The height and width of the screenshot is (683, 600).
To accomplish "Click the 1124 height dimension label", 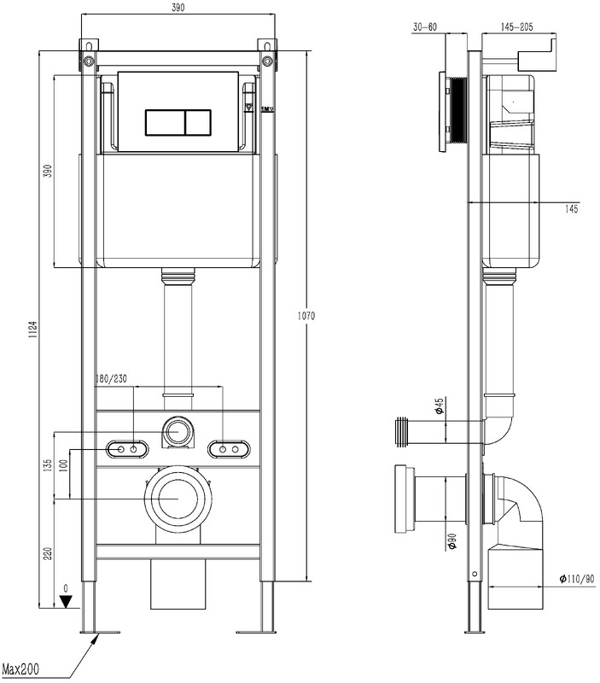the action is (34, 331).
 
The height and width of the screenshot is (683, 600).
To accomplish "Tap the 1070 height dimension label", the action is (306, 316).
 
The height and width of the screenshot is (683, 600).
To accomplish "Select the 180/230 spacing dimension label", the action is (111, 379).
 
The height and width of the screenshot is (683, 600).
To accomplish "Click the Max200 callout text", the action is (20, 668).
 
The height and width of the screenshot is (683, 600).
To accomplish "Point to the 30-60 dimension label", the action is (425, 27).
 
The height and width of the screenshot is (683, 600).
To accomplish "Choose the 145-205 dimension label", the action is (516, 27).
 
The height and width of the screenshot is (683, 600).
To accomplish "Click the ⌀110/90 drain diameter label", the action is (576, 579).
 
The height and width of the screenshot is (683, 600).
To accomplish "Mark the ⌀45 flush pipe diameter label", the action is (439, 406).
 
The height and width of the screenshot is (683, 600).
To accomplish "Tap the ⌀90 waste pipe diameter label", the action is (452, 541).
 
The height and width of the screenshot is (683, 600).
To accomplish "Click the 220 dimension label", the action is (48, 553).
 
